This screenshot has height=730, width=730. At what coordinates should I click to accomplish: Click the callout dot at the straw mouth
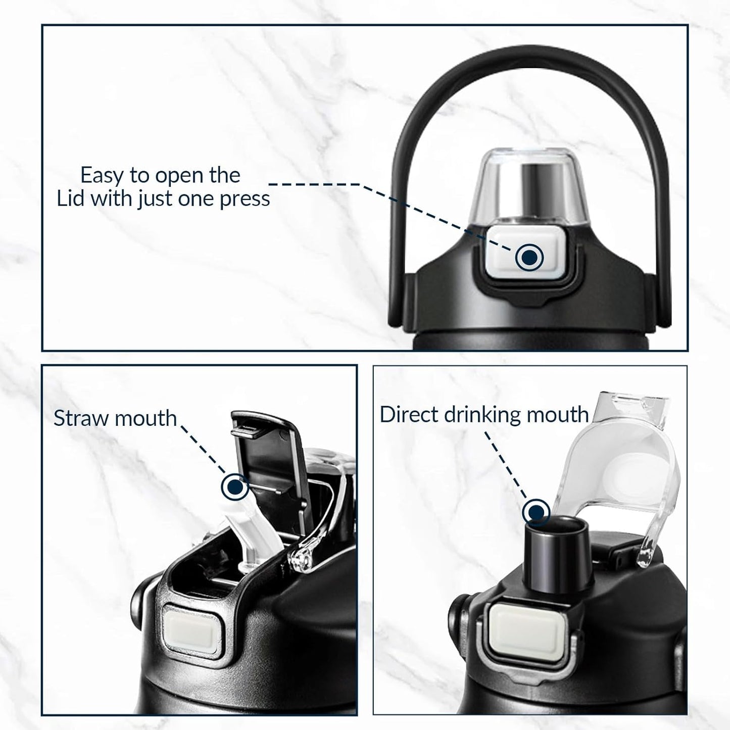(x=235, y=485)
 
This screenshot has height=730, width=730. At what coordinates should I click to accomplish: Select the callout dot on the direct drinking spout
(x=536, y=513)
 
